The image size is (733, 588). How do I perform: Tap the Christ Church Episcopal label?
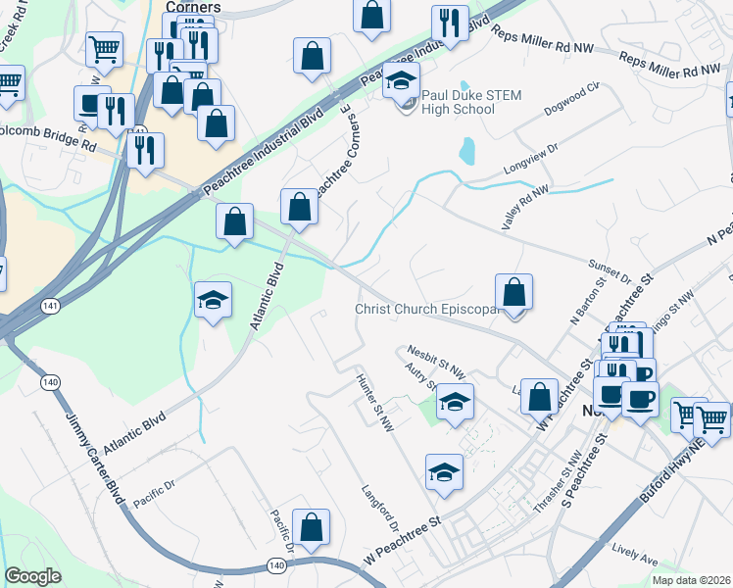click(427, 310)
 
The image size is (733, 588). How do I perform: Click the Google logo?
click(32, 576)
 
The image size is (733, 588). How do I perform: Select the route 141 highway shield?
click(48, 307)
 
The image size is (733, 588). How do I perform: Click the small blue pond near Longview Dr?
click(466, 150)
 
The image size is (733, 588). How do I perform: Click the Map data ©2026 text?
click(691, 580)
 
